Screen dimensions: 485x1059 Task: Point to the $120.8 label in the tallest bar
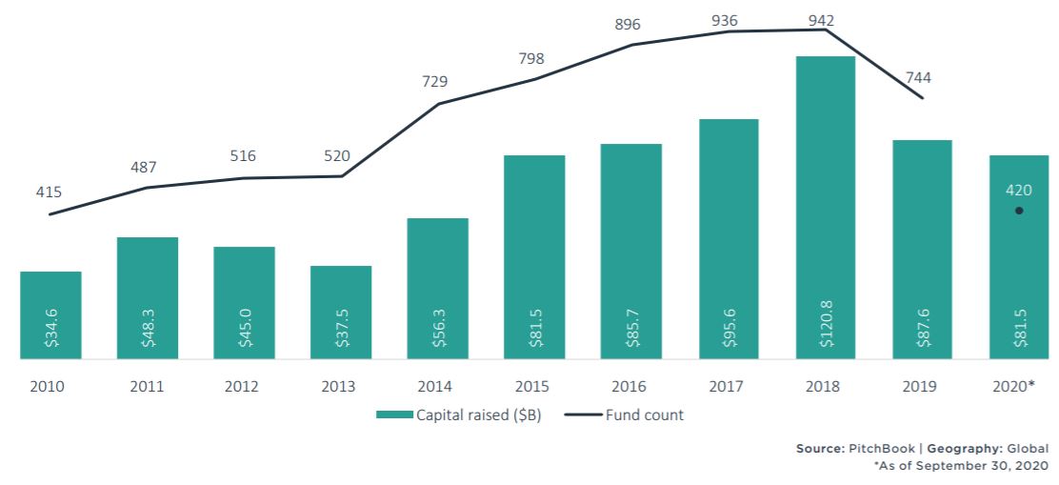coord(826,324)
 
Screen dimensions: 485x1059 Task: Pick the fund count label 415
coord(49,192)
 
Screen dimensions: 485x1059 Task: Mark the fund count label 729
coord(436,82)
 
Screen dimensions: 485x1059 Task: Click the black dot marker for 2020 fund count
coord(1019,211)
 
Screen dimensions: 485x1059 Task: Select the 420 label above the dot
coord(1019,191)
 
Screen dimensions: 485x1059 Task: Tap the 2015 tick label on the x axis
coord(533,387)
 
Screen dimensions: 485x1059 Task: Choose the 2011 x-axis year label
coord(147,387)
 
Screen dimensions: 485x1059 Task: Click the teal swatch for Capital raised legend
coord(394,414)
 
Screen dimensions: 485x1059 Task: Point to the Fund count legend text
coord(645,414)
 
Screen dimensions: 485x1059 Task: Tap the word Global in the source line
coord(1029,449)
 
